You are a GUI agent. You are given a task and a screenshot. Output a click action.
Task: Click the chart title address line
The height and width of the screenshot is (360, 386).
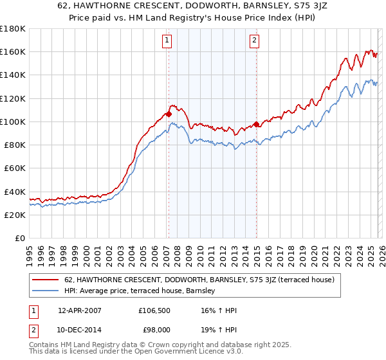[x=192, y=7]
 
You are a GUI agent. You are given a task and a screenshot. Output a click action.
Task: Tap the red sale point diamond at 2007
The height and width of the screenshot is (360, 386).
[x=169, y=114]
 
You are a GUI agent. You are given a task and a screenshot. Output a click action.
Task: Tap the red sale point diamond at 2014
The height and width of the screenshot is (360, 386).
[x=256, y=124]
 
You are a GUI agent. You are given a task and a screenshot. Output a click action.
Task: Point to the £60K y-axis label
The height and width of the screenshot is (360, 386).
[x=14, y=168]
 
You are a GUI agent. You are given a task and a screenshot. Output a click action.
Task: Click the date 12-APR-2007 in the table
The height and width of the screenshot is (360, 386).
[x=80, y=310]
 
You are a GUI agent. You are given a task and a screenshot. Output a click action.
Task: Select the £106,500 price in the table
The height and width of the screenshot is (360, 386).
[x=154, y=310]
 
